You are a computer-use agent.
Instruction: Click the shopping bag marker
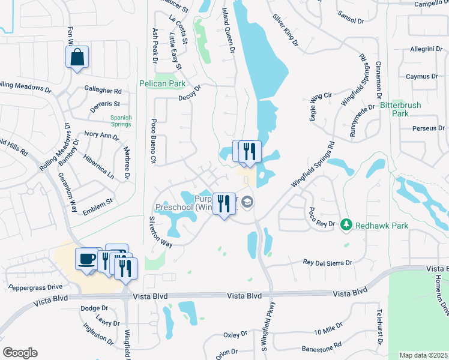pyautogui.click(x=77, y=58)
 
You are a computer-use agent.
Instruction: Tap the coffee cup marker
pyautogui.click(x=86, y=259)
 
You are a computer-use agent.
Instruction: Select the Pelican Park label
pyautogui.click(x=162, y=83)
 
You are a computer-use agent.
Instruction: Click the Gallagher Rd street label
pyautogui.click(x=103, y=91)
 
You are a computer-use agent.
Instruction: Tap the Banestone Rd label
pyautogui.click(x=321, y=346)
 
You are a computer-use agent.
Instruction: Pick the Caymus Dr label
pyautogui.click(x=421, y=77)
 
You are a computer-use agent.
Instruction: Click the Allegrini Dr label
pyautogui.click(x=426, y=49)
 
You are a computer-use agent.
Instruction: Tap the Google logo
pyautogui.click(x=20, y=353)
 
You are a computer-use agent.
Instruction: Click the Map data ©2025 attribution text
pyautogui.click(x=424, y=355)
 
